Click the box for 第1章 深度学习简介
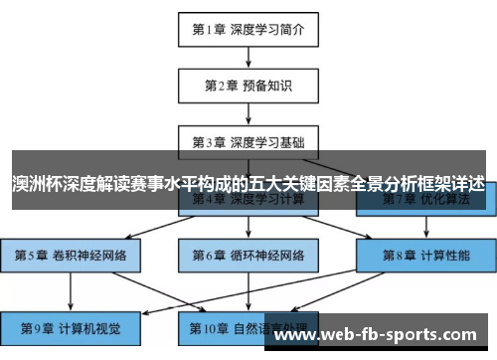tap(248, 29)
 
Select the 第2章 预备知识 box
tap(248, 86)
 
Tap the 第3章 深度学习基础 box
tap(248, 142)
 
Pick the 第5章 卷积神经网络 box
tap(71, 256)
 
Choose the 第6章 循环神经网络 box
tap(248, 256)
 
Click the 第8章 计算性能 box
tap(424, 256)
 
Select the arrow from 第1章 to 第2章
tap(248, 57)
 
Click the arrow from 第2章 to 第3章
tap(248, 113)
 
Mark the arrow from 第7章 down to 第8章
tap(424, 227)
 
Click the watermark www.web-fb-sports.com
tap(379, 335)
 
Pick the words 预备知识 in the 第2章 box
tap(265, 86)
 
